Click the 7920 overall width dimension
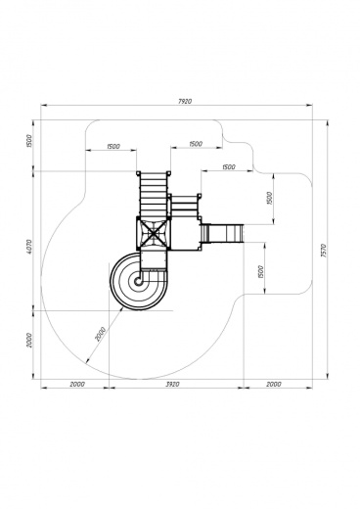(x=185, y=101)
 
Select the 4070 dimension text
(x=28, y=247)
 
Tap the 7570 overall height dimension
(x=324, y=251)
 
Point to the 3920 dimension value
(x=172, y=385)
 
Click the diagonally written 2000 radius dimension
(x=101, y=334)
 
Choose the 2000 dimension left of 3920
(x=77, y=384)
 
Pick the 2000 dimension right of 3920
(x=274, y=384)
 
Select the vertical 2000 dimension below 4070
(x=29, y=340)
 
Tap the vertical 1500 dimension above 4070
(x=28, y=141)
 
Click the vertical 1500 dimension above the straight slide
(x=269, y=198)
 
